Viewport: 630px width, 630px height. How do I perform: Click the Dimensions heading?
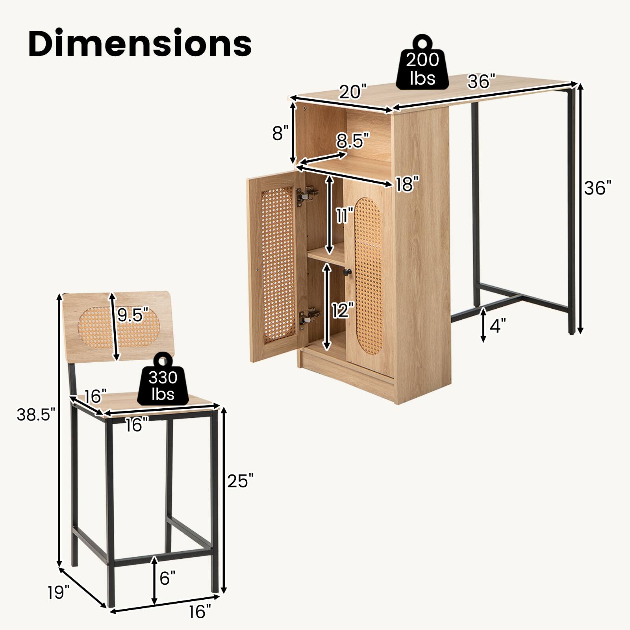[140, 44]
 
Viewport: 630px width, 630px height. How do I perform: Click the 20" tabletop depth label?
[353, 91]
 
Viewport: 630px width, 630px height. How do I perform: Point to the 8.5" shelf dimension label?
[353, 141]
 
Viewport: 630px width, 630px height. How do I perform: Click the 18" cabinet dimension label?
[407, 184]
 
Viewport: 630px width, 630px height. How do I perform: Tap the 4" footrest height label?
[497, 326]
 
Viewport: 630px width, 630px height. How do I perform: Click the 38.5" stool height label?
[33, 415]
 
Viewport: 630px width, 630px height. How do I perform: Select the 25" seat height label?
[240, 480]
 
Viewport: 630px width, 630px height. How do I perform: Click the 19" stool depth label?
[59, 592]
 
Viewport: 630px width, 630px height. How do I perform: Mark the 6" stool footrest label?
[167, 578]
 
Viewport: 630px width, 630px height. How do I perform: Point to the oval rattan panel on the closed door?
[368, 276]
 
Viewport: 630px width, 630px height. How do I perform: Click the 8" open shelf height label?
[280, 133]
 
